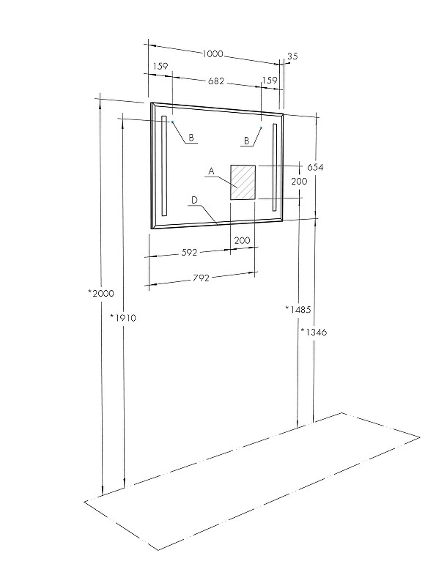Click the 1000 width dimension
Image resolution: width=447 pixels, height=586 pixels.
(213, 54)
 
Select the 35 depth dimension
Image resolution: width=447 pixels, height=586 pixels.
(292, 56)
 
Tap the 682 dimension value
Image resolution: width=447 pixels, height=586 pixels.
(216, 81)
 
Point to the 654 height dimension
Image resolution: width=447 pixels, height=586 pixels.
(315, 168)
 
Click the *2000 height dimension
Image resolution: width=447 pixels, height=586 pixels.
(101, 294)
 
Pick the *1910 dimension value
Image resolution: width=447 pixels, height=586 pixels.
(123, 318)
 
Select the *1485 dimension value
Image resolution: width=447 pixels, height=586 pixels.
(298, 309)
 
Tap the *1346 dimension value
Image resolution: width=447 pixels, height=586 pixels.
(314, 332)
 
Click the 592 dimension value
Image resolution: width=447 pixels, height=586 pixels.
(189, 253)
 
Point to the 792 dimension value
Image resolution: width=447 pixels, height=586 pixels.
(201, 278)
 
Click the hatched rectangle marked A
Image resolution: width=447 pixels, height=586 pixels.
(243, 182)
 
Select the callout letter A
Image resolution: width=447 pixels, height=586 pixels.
(211, 171)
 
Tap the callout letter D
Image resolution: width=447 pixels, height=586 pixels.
(194, 201)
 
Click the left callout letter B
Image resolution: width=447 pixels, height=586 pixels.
(191, 138)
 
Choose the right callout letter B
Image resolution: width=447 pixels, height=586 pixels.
(246, 141)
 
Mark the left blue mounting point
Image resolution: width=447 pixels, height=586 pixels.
(172, 122)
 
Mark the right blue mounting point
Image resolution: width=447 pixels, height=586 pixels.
(261, 127)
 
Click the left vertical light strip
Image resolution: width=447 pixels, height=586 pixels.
(163, 166)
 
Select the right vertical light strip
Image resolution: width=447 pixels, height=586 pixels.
(275, 168)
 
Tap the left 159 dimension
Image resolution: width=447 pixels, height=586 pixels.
(160, 67)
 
